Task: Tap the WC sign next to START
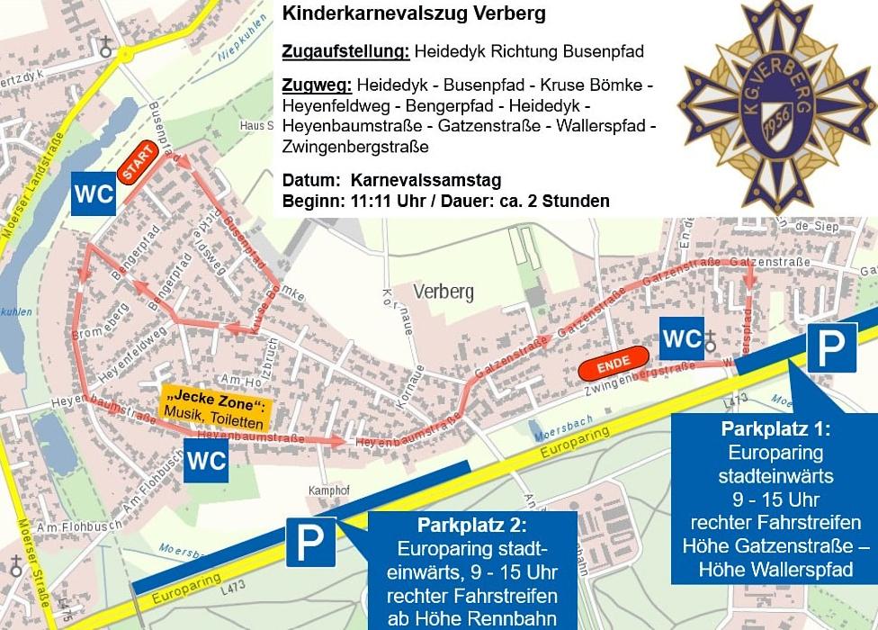(x=94, y=194)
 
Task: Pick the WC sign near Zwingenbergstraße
(x=681, y=337)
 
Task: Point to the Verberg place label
(x=443, y=291)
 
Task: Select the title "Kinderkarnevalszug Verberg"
(x=414, y=15)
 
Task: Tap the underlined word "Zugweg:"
(x=317, y=85)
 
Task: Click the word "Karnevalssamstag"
(x=426, y=179)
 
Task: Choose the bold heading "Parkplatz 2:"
(x=471, y=525)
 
